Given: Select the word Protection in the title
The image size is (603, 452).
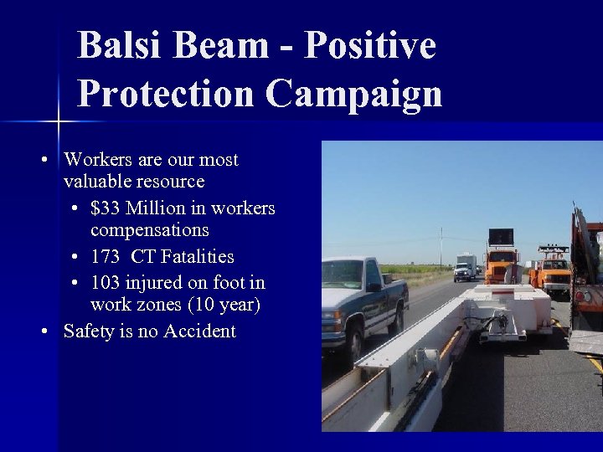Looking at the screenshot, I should (166, 94).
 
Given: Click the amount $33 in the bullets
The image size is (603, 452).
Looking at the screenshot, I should (106, 208).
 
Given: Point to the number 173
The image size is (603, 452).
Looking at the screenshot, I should (107, 256).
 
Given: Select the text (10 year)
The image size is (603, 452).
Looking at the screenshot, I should (220, 305).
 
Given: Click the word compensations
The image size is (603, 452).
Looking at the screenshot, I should (149, 229).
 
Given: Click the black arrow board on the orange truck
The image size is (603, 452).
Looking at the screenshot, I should (501, 238).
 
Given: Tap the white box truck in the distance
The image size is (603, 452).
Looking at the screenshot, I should (465, 265).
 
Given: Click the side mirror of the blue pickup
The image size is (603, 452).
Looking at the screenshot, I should (374, 286).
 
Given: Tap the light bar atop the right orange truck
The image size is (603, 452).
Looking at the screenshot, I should (553, 249).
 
